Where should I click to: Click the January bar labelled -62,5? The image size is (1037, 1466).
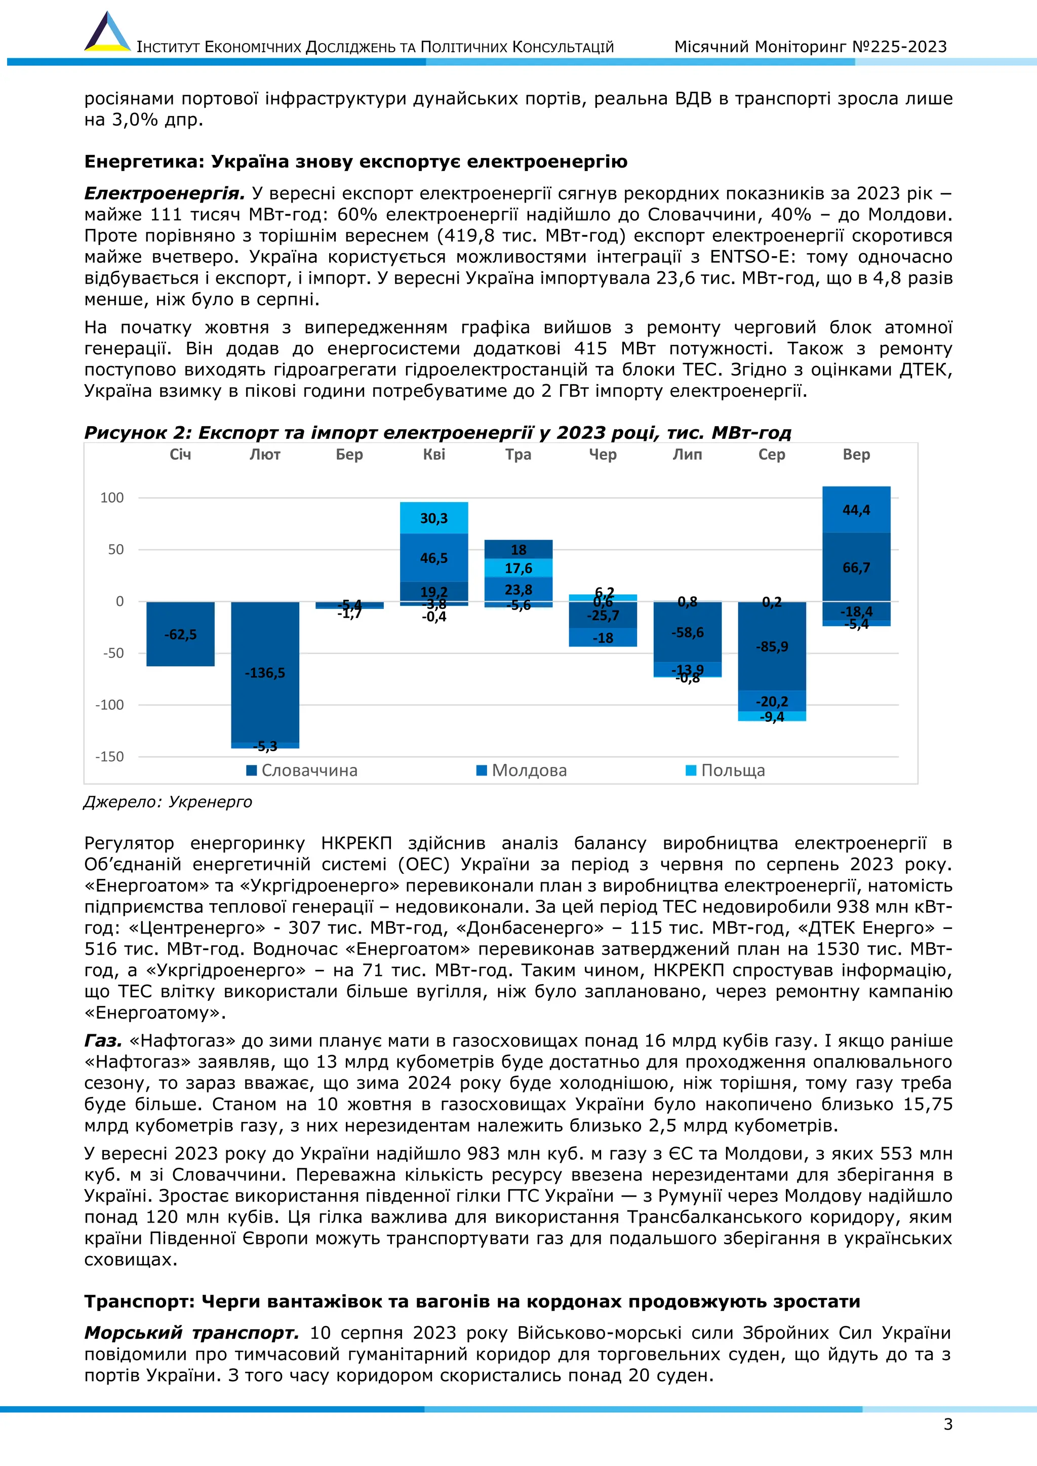coord(180,634)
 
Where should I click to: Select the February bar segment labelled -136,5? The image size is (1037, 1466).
coord(265,672)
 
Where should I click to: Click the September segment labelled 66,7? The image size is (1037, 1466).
coord(856,567)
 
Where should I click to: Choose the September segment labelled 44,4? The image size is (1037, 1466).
coord(856,510)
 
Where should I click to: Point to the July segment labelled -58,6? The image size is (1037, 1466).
coord(687,632)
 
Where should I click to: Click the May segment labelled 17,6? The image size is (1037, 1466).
coord(518,567)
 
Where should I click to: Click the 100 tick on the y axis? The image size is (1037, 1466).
coord(112,498)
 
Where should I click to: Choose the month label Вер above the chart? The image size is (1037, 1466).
coord(856,455)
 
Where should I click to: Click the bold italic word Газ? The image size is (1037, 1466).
coord(103,1041)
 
